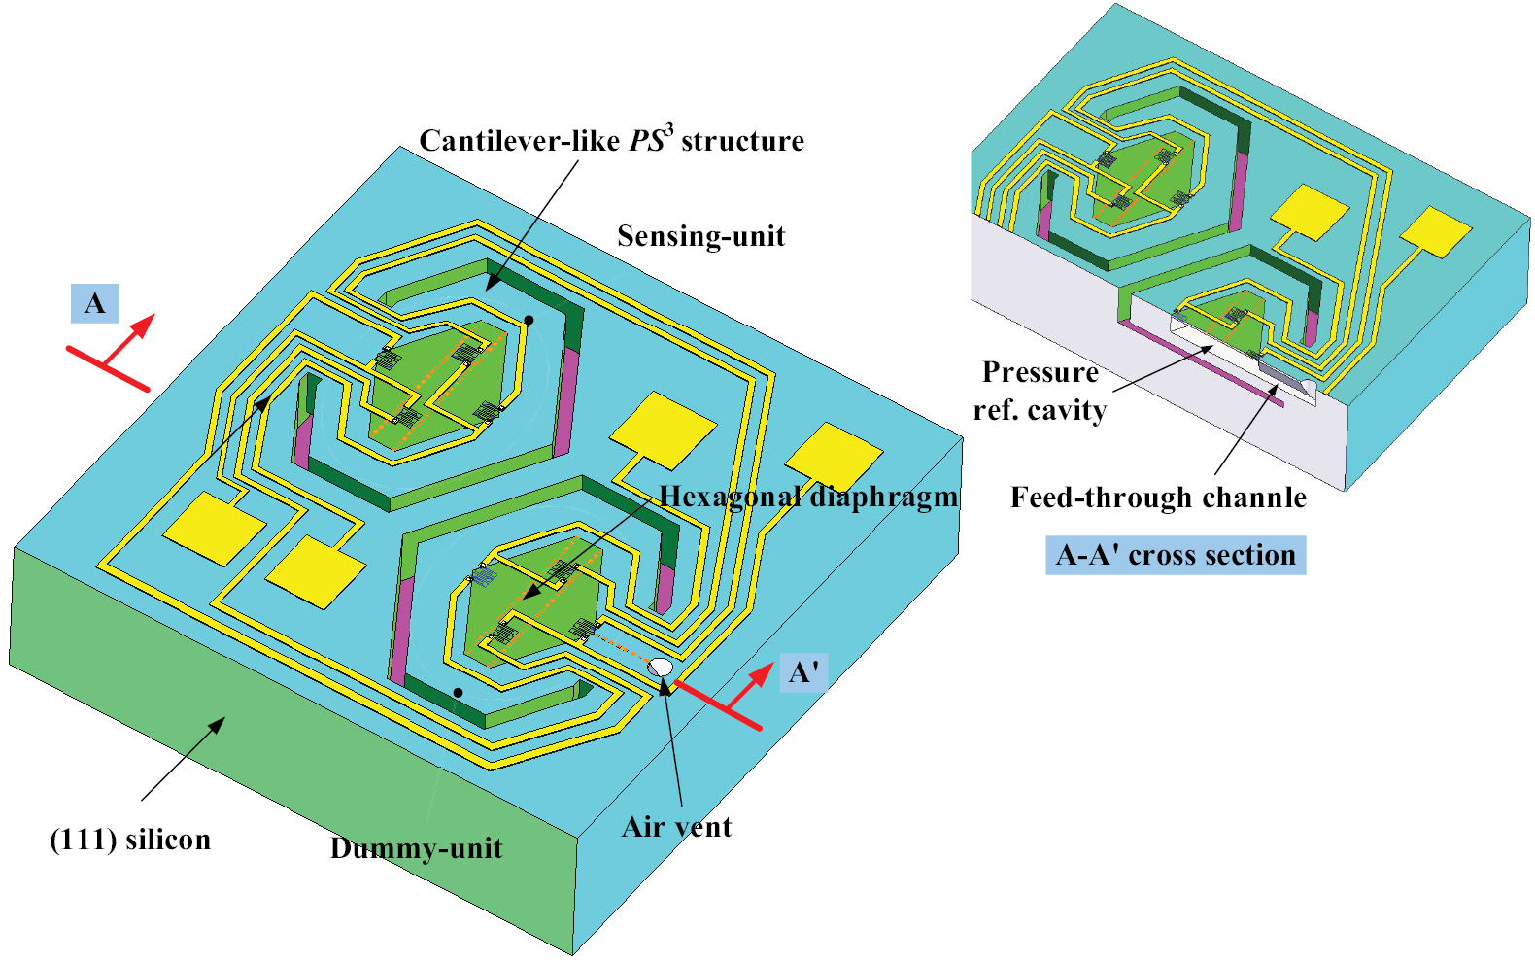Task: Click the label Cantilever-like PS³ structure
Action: pos(611,141)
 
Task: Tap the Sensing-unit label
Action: pos(700,236)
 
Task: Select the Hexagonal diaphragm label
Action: pos(808,497)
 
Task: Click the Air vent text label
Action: pos(676,827)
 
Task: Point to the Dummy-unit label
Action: pos(416,848)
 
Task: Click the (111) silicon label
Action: pos(130,840)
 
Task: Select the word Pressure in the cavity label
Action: pos(1040,372)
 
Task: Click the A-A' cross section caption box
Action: pos(1176,555)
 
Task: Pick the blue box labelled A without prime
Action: pos(95,303)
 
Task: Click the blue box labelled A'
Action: pos(803,672)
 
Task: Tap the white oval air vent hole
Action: pos(661,668)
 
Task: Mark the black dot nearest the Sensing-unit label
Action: pos(529,319)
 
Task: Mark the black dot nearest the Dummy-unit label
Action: pos(458,693)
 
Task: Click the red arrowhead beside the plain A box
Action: pos(146,323)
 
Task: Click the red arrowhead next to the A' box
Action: pos(766,671)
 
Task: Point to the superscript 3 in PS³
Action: pos(668,128)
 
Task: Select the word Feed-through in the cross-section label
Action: pos(1089,498)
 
